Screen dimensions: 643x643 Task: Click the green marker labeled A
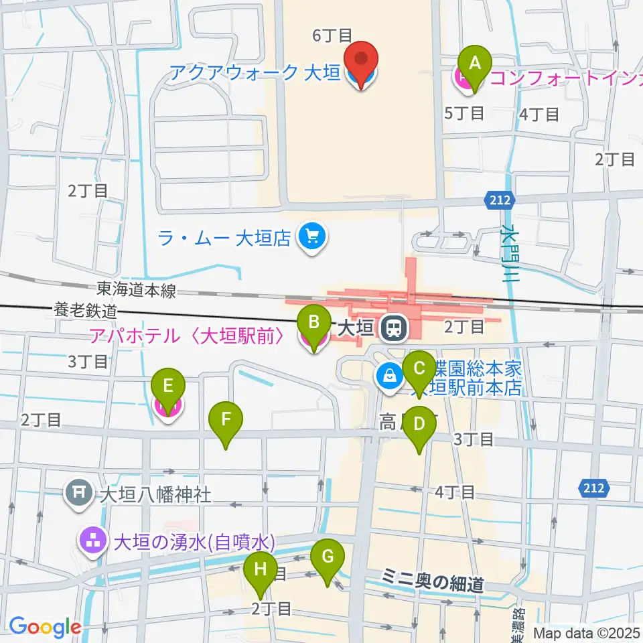point(475,65)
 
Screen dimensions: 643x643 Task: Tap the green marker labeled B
point(313,324)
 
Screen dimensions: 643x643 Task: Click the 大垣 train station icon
point(392,328)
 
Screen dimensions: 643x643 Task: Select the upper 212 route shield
point(498,200)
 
